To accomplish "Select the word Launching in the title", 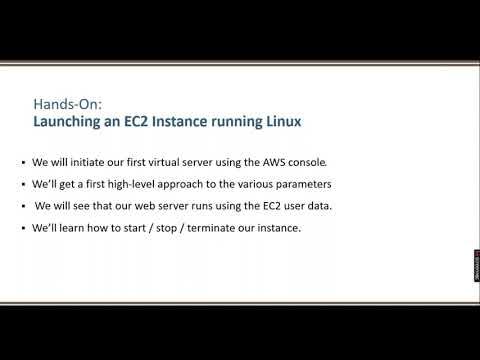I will click(69, 122).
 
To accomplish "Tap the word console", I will click(320, 163).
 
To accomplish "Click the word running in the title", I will click(229, 122).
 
